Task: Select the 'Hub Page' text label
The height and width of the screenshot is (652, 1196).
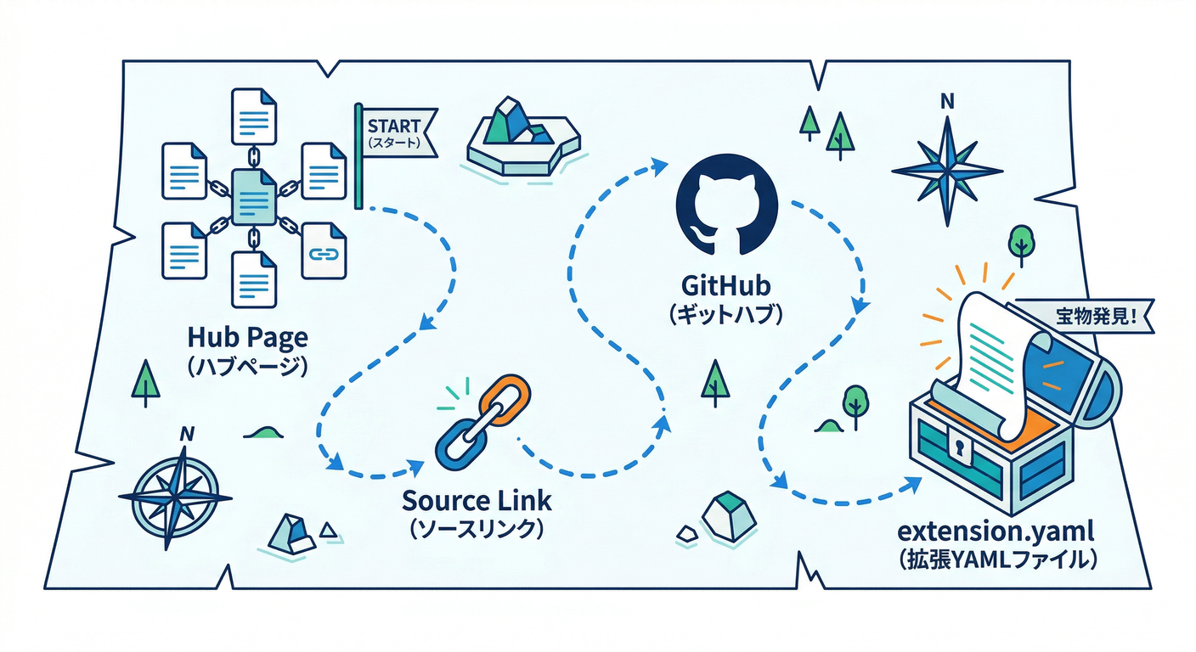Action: (x=248, y=339)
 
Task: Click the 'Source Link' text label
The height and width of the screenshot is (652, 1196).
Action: (x=477, y=500)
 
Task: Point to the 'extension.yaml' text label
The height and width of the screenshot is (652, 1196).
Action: (x=996, y=534)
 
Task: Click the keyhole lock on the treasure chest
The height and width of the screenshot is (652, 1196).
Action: (x=959, y=447)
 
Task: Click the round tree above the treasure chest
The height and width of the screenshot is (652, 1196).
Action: (x=1020, y=241)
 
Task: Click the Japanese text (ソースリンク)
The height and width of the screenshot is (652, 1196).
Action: (x=477, y=528)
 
